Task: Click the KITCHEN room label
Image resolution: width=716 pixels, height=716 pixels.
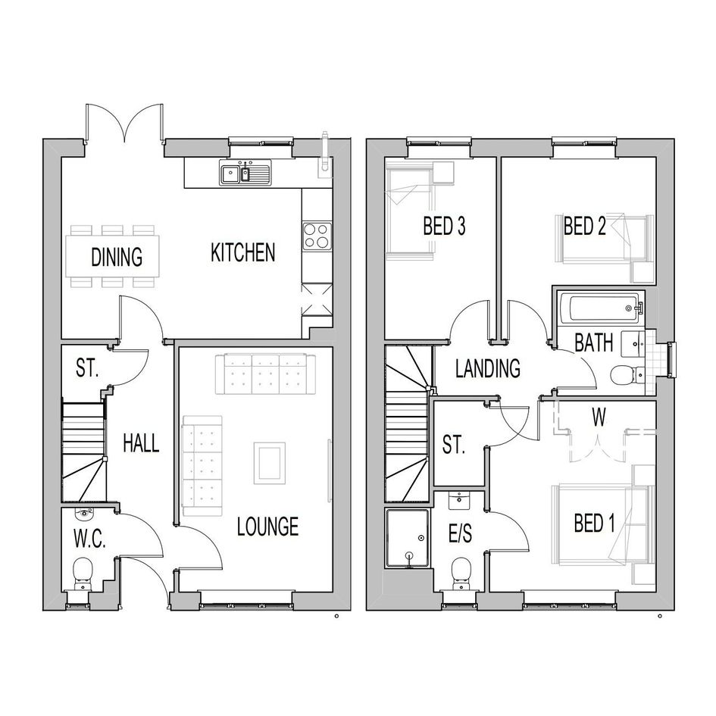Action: point(243,252)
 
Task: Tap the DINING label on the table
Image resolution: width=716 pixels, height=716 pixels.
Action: point(117,257)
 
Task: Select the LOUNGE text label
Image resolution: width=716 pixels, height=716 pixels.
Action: point(268,527)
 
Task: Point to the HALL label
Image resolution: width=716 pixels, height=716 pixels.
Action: point(141,443)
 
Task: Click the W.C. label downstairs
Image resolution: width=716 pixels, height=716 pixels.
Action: point(89,539)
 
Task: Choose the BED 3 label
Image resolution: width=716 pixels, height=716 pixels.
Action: point(444,226)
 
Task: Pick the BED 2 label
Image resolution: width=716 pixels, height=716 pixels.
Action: point(584,226)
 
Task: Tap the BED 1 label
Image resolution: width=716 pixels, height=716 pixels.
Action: point(595,523)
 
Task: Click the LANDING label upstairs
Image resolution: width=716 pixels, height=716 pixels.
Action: point(488,368)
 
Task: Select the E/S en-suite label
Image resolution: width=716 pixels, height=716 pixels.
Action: point(461,533)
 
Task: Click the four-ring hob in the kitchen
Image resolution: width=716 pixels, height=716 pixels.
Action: point(317,236)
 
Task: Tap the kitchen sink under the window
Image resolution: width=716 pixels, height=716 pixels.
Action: point(245,173)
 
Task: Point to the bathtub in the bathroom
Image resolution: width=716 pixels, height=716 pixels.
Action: point(600,308)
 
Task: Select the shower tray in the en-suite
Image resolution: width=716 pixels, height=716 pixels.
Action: point(408,539)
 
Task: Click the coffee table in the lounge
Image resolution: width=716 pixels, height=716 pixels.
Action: point(270,464)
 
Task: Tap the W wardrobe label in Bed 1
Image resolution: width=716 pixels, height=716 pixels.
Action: point(599,417)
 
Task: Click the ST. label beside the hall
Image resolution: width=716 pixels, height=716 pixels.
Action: point(87,367)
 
